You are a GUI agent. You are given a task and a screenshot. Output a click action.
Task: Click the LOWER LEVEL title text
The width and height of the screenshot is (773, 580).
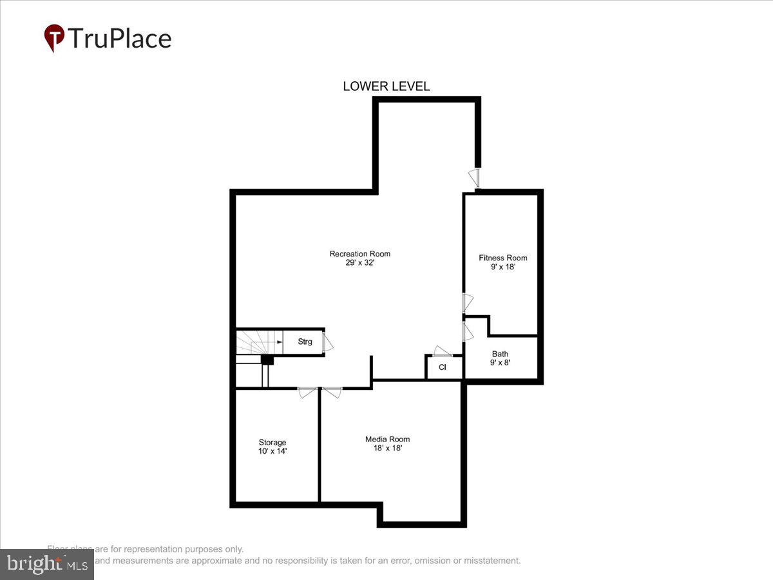pyautogui.click(x=386, y=86)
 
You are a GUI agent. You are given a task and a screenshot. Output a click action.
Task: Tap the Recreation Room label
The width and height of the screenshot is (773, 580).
pyautogui.click(x=359, y=254)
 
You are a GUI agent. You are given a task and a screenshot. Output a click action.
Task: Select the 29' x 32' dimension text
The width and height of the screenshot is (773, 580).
pyautogui.click(x=359, y=263)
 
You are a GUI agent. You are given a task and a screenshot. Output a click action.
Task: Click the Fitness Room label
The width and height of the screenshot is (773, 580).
pyautogui.click(x=502, y=258)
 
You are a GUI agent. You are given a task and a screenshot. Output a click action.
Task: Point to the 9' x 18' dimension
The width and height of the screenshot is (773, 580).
pyautogui.click(x=502, y=267)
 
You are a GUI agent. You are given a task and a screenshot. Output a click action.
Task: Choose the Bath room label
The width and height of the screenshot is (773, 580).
pyautogui.click(x=500, y=354)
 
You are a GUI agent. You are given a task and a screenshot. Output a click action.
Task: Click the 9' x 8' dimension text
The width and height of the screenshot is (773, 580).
pyautogui.click(x=500, y=363)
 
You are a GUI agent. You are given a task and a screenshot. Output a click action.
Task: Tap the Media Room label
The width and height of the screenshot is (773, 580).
pyautogui.click(x=387, y=439)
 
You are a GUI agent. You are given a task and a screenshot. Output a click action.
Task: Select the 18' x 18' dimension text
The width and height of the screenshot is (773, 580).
pyautogui.click(x=387, y=448)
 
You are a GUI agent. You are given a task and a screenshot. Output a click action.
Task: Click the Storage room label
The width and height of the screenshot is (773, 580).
pyautogui.click(x=272, y=442)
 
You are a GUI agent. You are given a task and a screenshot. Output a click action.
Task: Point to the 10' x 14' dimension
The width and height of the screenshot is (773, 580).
pyautogui.click(x=272, y=451)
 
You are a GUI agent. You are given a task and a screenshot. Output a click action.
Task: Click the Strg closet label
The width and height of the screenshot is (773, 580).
pyautogui.click(x=305, y=342)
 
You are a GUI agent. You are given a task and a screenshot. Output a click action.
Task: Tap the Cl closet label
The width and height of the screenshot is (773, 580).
pyautogui.click(x=443, y=367)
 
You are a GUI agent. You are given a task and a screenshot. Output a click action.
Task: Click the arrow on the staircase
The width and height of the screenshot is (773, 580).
pyautogui.click(x=279, y=342)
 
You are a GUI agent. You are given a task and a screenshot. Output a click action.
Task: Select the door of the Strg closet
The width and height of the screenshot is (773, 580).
pyautogui.click(x=328, y=342)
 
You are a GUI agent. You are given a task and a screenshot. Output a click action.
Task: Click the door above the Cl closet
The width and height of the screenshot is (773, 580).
pyautogui.click(x=443, y=351)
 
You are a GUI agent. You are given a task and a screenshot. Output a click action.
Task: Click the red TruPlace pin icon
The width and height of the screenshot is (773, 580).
pyautogui.click(x=53, y=37)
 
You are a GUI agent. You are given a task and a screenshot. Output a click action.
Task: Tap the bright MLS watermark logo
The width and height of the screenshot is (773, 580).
pyautogui.click(x=46, y=564)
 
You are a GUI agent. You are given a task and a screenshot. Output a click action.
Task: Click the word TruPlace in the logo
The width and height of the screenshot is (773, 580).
pyautogui.click(x=119, y=39)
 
